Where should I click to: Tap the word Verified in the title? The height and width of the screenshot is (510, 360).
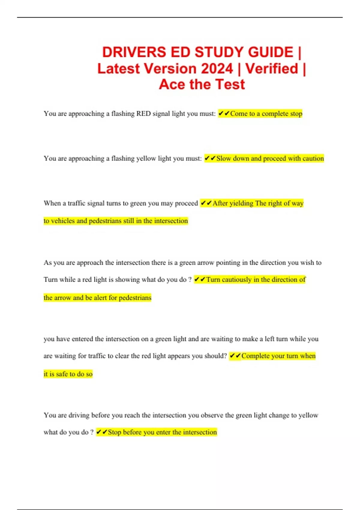click(272, 68)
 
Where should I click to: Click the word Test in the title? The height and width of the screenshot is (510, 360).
click(230, 84)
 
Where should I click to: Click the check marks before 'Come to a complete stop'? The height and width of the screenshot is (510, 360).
click(224, 113)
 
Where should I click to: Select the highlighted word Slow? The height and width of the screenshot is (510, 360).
click(223, 158)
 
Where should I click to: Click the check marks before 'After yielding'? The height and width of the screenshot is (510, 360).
click(206, 203)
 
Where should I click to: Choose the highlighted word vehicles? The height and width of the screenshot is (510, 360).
click(63, 221)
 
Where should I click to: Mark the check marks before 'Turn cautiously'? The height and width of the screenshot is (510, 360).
click(200, 280)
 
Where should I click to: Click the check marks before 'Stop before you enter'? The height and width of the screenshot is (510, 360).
click(102, 432)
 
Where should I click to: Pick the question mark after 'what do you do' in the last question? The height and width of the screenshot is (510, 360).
click(92, 432)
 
